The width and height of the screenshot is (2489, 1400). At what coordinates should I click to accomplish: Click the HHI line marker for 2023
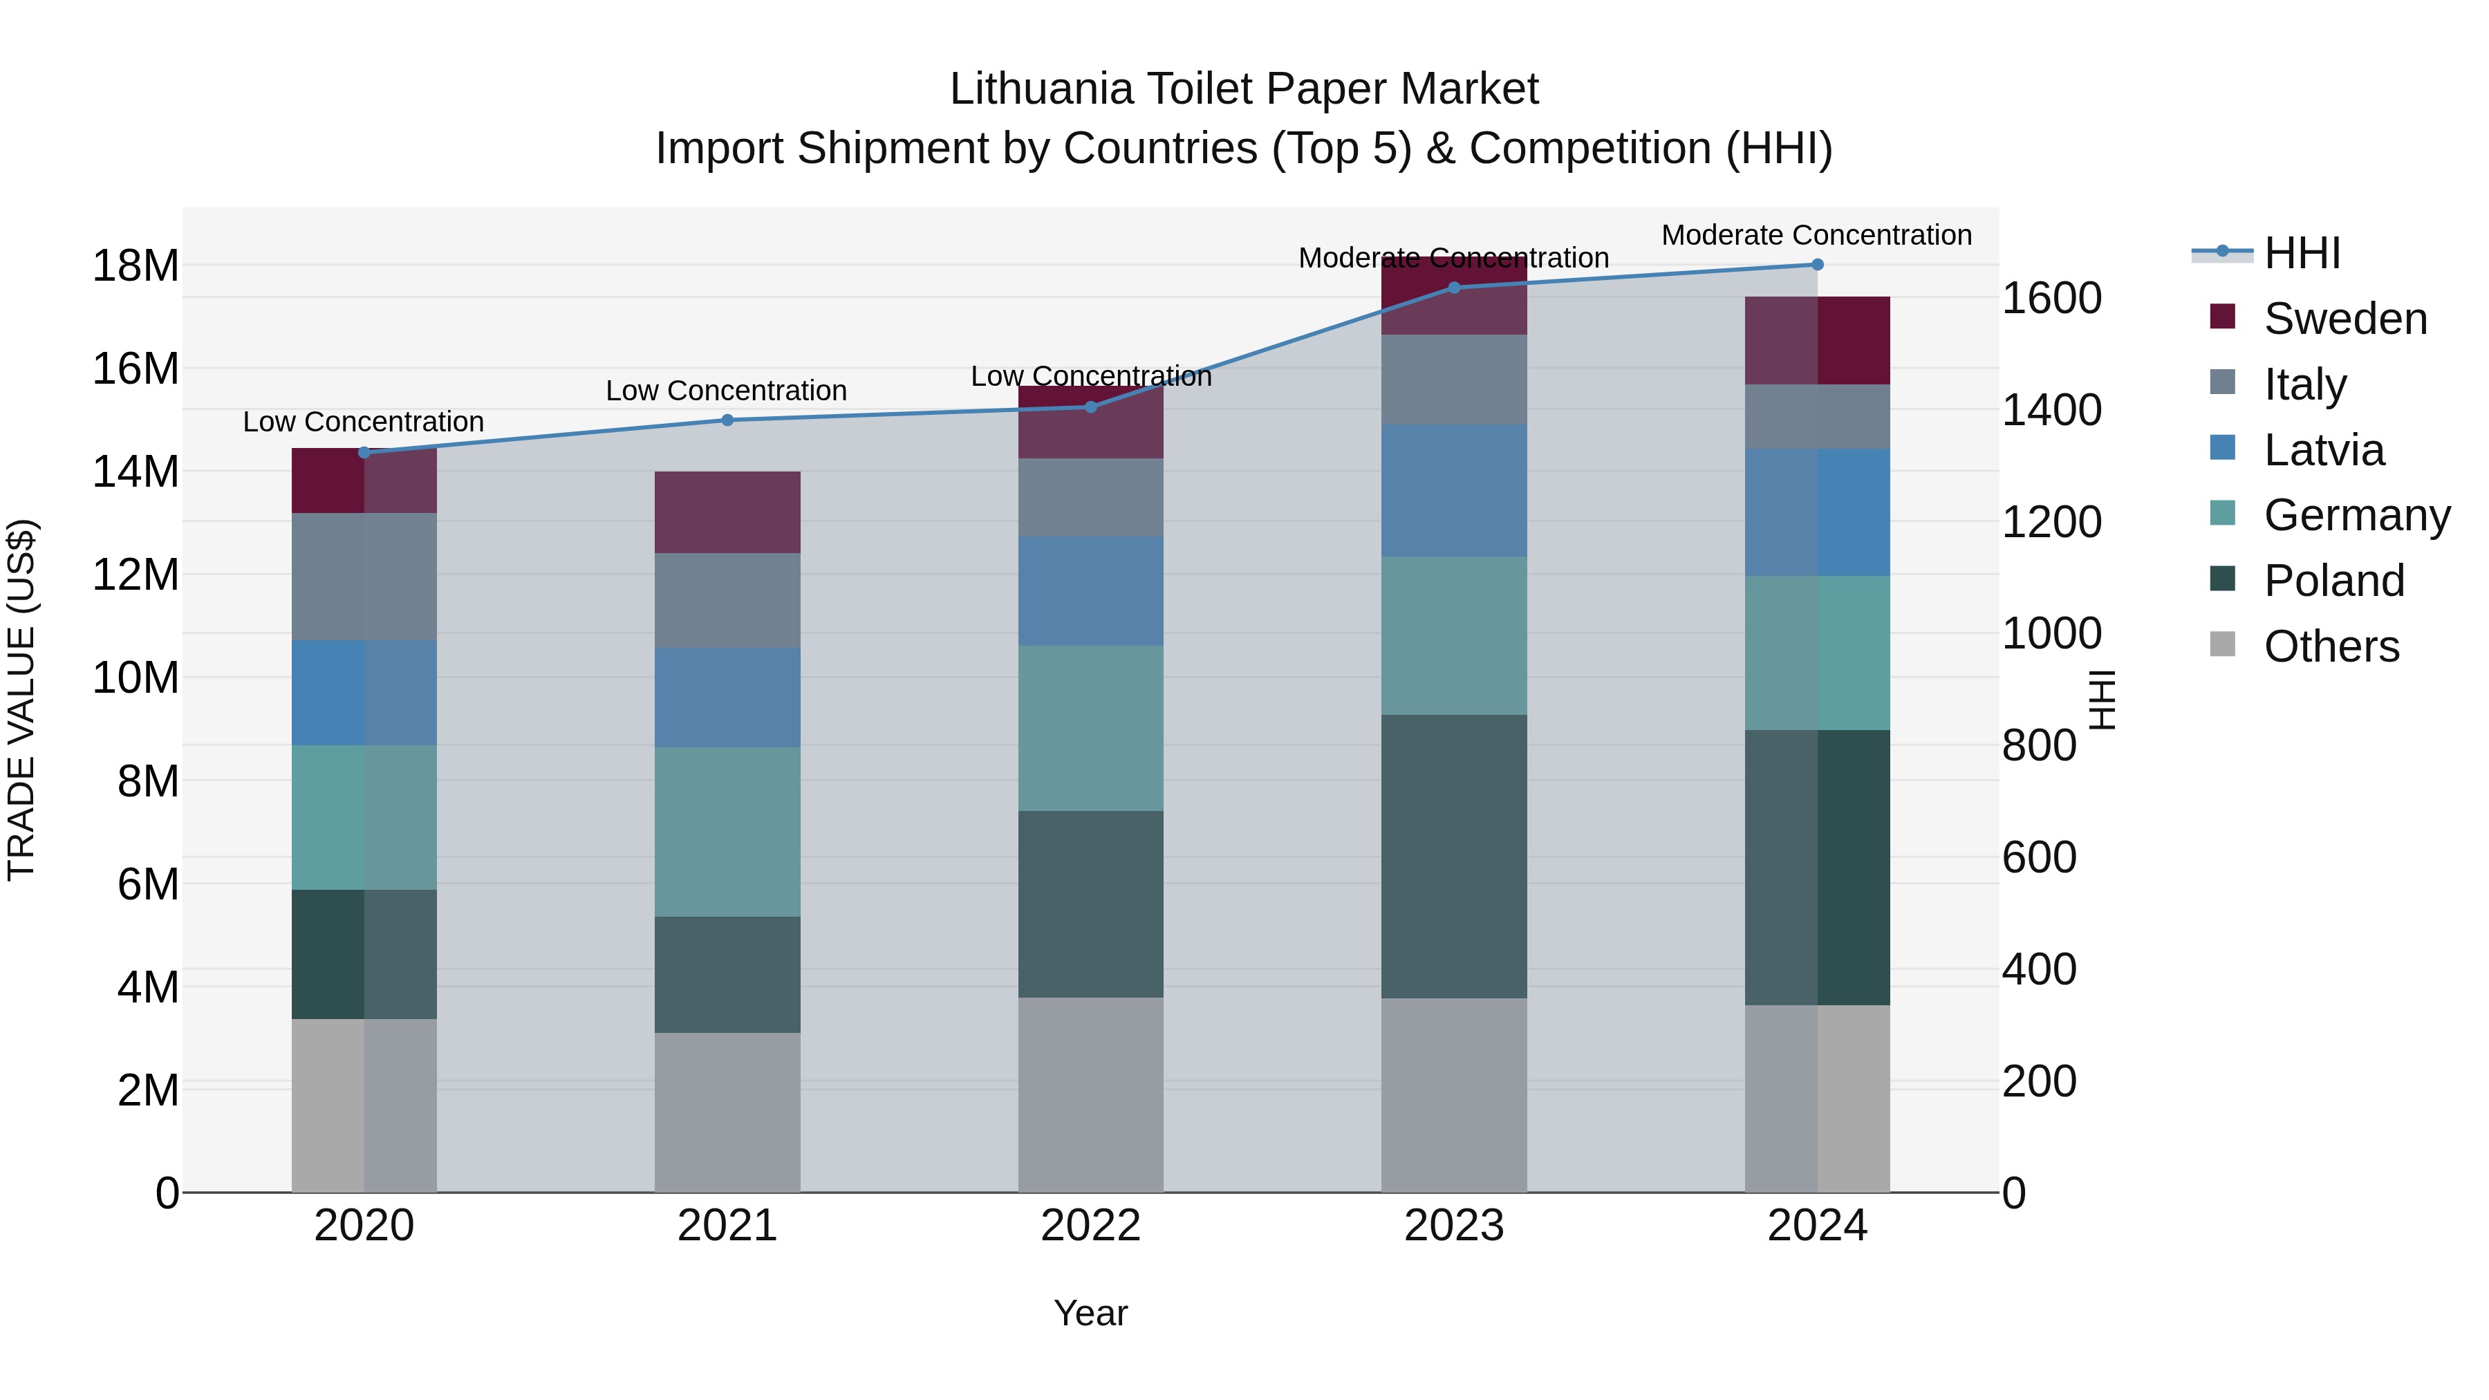[1454, 287]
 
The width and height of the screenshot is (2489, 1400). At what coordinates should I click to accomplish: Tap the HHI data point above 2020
[364, 452]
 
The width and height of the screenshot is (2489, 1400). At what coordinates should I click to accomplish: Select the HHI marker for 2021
[727, 420]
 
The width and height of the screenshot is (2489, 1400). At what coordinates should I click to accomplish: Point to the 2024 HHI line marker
[1818, 265]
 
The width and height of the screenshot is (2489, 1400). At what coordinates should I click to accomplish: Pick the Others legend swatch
[2222, 644]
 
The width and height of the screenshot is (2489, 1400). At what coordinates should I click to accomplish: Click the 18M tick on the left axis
[136, 265]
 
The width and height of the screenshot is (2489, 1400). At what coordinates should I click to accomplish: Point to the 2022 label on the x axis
[1091, 1226]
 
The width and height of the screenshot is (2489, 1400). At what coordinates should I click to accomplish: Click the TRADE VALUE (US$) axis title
[21, 700]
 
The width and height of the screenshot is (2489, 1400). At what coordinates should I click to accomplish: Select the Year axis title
[1091, 1313]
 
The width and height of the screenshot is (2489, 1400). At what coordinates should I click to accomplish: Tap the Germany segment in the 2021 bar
[727, 831]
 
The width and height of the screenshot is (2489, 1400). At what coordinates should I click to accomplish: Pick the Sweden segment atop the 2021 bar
[727, 512]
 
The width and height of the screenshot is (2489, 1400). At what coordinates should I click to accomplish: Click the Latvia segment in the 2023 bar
[1454, 490]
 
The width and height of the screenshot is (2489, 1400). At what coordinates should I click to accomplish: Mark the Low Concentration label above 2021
[727, 391]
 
